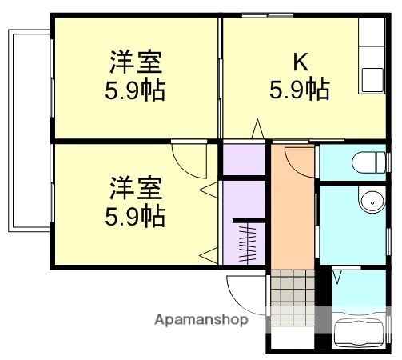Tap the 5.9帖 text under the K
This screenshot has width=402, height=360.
[298, 88]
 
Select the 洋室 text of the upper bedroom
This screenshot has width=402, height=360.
[135, 62]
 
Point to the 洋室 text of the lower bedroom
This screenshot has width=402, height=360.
[135, 189]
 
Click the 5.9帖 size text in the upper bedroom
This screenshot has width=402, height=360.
[135, 90]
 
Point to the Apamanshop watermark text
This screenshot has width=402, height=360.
[201, 320]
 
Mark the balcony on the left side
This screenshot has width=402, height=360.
[29, 132]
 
